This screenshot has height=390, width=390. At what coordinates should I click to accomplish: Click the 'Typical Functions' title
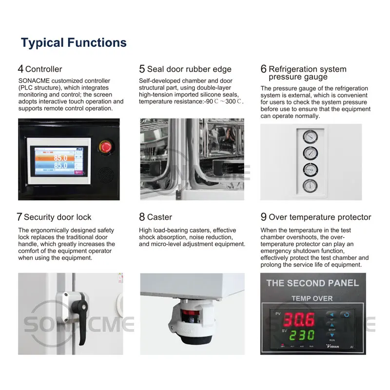pos(74,42)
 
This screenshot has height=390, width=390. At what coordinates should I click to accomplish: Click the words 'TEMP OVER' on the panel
pos(312,298)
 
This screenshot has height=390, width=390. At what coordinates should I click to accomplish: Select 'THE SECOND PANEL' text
pos(312,283)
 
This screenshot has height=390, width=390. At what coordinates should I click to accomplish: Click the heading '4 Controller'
pos(40,69)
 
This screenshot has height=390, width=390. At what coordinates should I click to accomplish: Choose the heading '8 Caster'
pos(156,217)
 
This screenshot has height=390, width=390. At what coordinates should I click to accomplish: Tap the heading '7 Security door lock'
pos(54,217)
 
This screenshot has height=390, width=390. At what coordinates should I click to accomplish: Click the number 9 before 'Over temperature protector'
pos(263,217)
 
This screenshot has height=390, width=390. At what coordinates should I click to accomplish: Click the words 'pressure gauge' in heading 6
pos(298,77)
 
